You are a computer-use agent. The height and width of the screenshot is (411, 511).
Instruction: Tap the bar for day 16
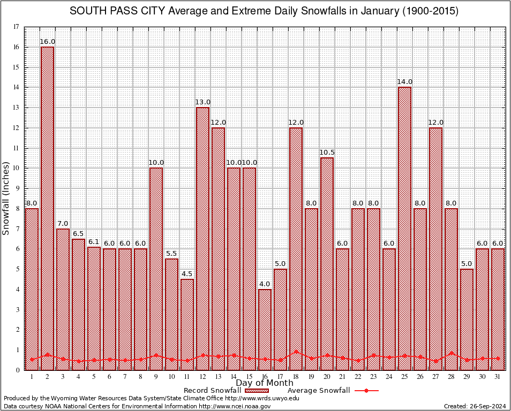265,329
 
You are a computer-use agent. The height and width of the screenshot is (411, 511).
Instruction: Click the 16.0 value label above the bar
48,41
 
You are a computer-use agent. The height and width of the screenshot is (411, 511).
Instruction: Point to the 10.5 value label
327,152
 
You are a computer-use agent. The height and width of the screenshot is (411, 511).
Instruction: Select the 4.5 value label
187,273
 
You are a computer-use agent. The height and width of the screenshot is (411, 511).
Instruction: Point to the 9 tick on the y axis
18,188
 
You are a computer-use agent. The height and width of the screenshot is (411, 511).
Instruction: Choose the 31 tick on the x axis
498,377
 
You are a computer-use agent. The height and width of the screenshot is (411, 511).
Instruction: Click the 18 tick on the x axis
296,377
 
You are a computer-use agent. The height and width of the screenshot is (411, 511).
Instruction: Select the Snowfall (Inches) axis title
6,198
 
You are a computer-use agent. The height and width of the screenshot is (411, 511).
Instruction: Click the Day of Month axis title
264,383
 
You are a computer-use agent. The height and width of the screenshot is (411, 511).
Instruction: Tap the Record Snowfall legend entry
225,391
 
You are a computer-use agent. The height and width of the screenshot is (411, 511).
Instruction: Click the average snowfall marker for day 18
296,352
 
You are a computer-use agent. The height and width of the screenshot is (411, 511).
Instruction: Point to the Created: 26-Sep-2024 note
475,406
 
